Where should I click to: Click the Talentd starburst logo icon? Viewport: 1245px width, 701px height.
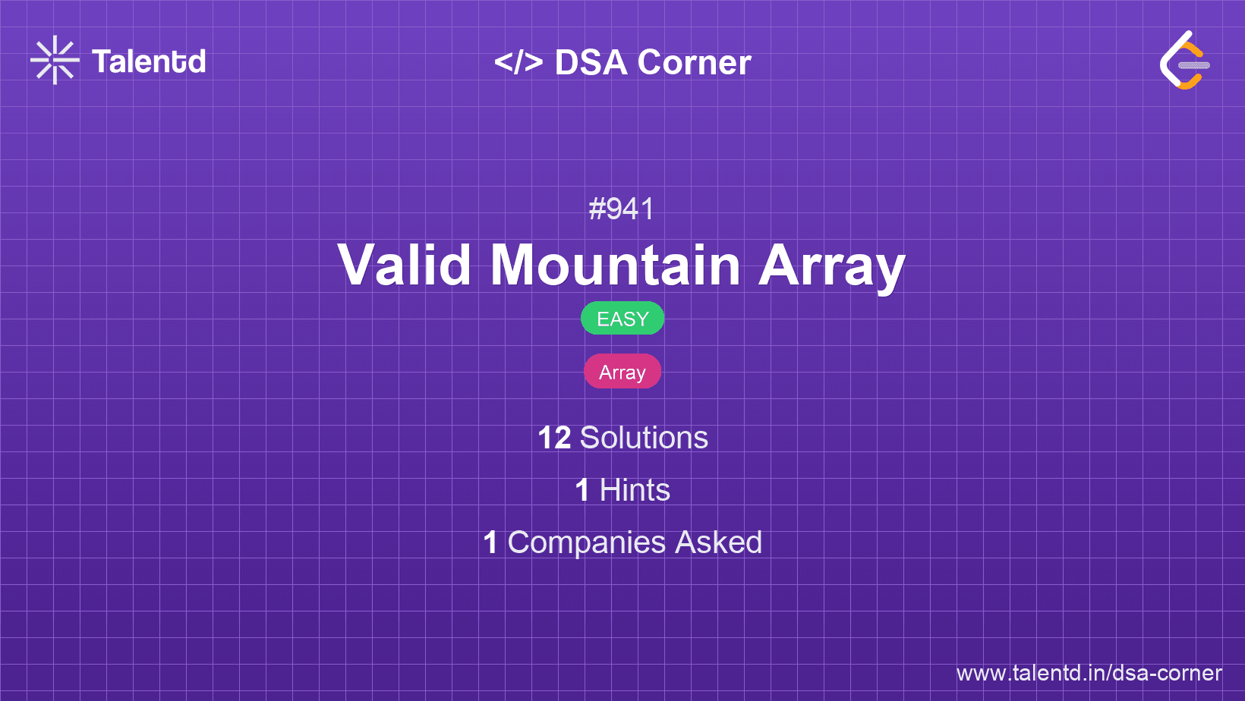click(55, 60)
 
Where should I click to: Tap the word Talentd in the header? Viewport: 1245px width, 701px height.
click(149, 61)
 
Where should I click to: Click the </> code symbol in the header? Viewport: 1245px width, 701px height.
click(518, 62)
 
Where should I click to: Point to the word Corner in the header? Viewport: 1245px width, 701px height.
click(694, 62)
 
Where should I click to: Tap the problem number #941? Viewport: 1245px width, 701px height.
click(622, 209)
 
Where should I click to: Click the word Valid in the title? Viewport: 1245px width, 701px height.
click(405, 265)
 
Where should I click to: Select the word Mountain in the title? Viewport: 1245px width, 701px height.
click(615, 265)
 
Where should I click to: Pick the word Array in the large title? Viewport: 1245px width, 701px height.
click(832, 268)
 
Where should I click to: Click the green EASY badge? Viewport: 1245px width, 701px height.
click(622, 319)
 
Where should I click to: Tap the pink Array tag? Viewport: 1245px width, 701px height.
click(622, 372)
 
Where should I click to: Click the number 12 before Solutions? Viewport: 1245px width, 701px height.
click(554, 438)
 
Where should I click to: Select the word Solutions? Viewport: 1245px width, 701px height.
click(645, 438)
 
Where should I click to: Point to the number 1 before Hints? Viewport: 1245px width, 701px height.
click(582, 490)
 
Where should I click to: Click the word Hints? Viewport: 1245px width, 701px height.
click(635, 490)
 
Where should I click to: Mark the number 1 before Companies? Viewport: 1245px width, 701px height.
click(490, 542)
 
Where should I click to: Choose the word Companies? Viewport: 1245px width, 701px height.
click(586, 543)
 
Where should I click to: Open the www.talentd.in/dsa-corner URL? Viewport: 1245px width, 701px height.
click(1089, 673)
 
